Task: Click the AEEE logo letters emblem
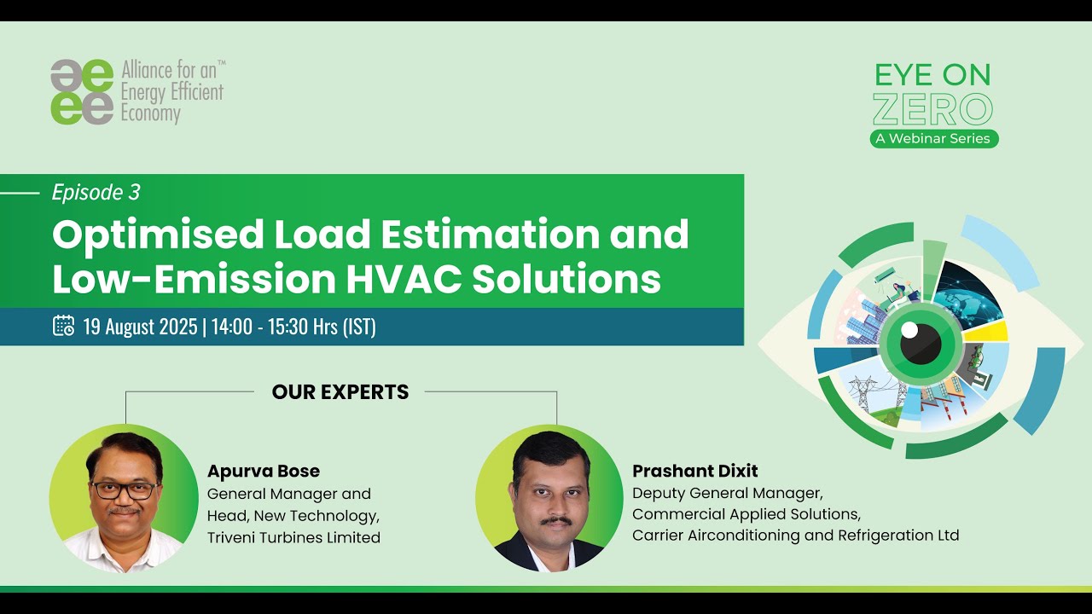(82, 92)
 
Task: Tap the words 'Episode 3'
(96, 193)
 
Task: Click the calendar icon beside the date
(63, 326)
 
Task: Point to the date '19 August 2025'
(140, 327)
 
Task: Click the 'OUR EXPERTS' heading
(340, 392)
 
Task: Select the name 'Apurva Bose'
(264, 471)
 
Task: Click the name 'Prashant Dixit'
(694, 471)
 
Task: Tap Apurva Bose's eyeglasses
(124, 490)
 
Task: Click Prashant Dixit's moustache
(555, 520)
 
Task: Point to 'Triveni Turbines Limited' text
(293, 537)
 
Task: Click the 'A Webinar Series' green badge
(934, 139)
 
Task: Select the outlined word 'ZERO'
(933, 109)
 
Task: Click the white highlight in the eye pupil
(909, 329)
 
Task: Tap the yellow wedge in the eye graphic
(987, 332)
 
